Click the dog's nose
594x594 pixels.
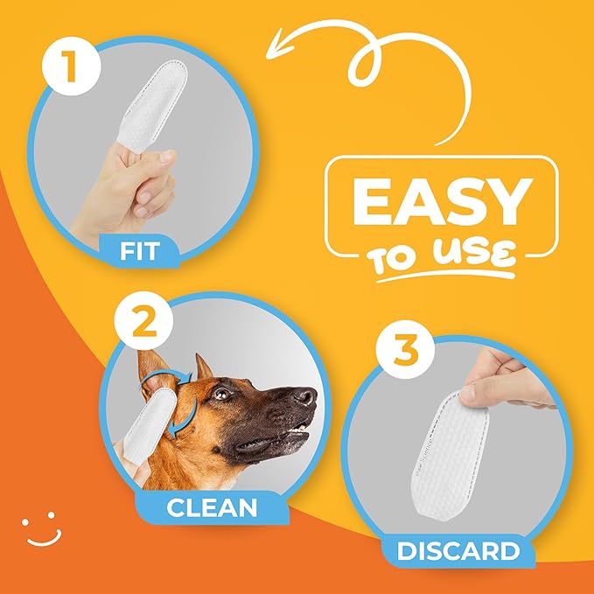305,398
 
